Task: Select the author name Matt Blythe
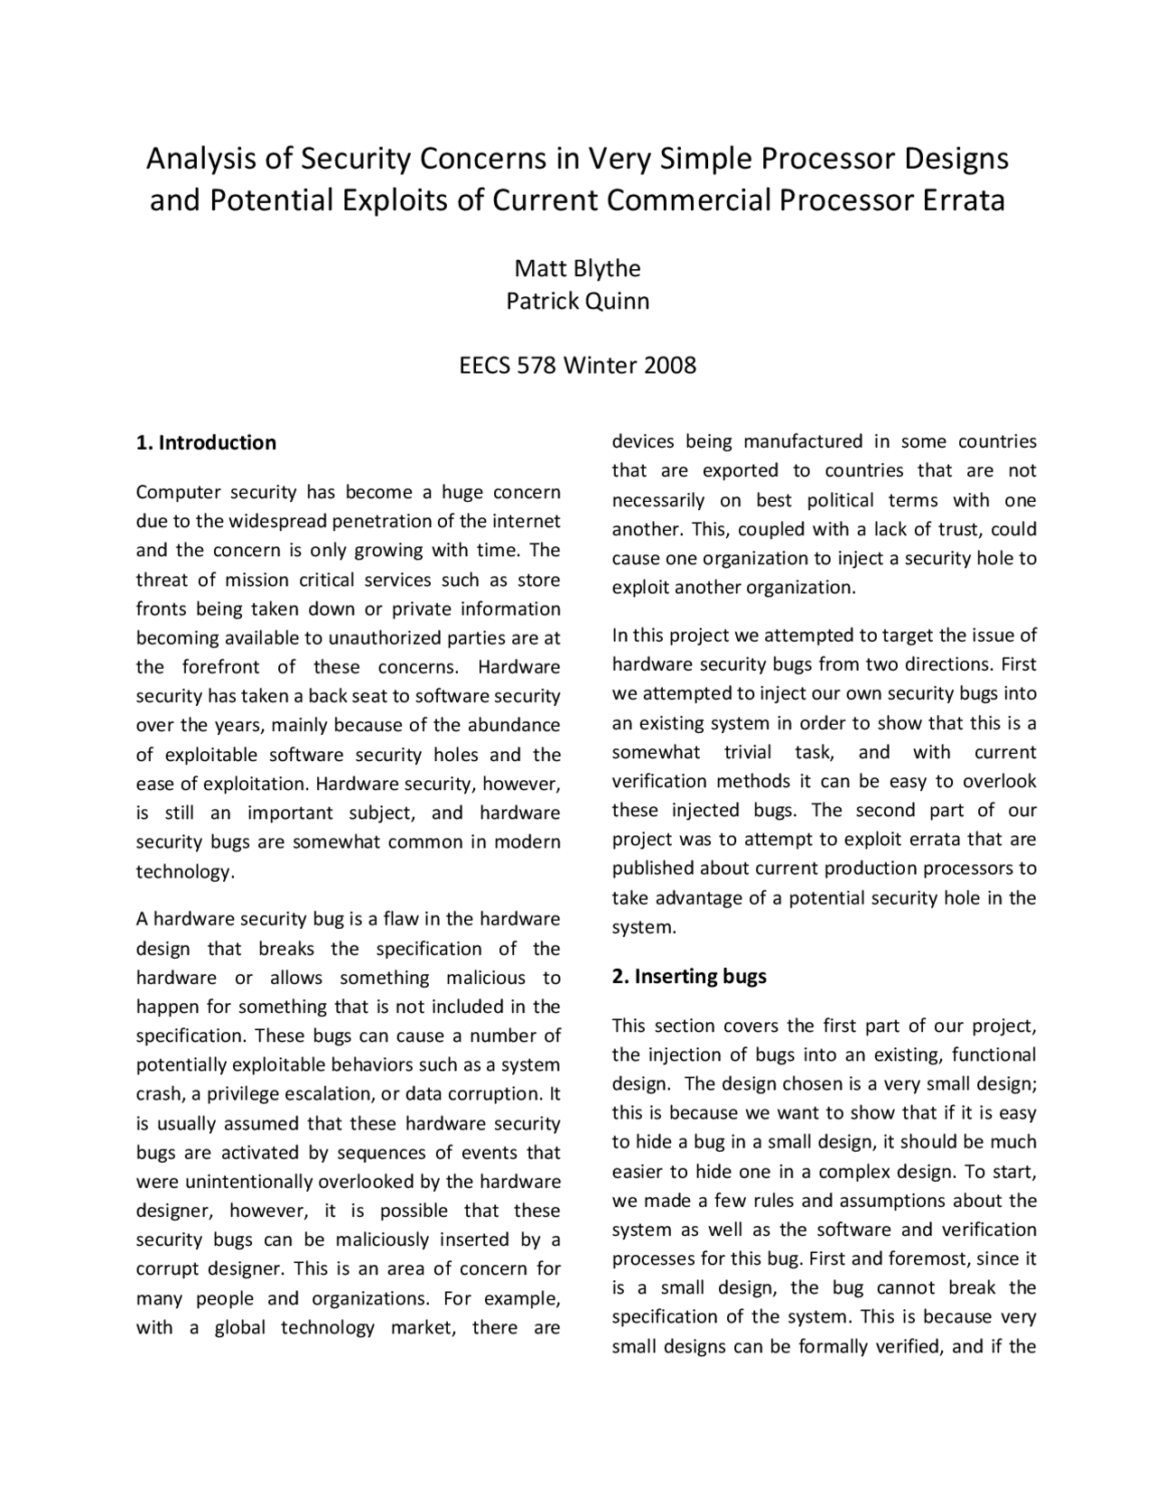(x=577, y=268)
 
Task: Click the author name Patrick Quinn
(x=577, y=301)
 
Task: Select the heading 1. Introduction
(x=206, y=442)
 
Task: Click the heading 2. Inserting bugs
(x=689, y=976)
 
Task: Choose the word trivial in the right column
(x=748, y=752)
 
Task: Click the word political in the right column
(x=841, y=500)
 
